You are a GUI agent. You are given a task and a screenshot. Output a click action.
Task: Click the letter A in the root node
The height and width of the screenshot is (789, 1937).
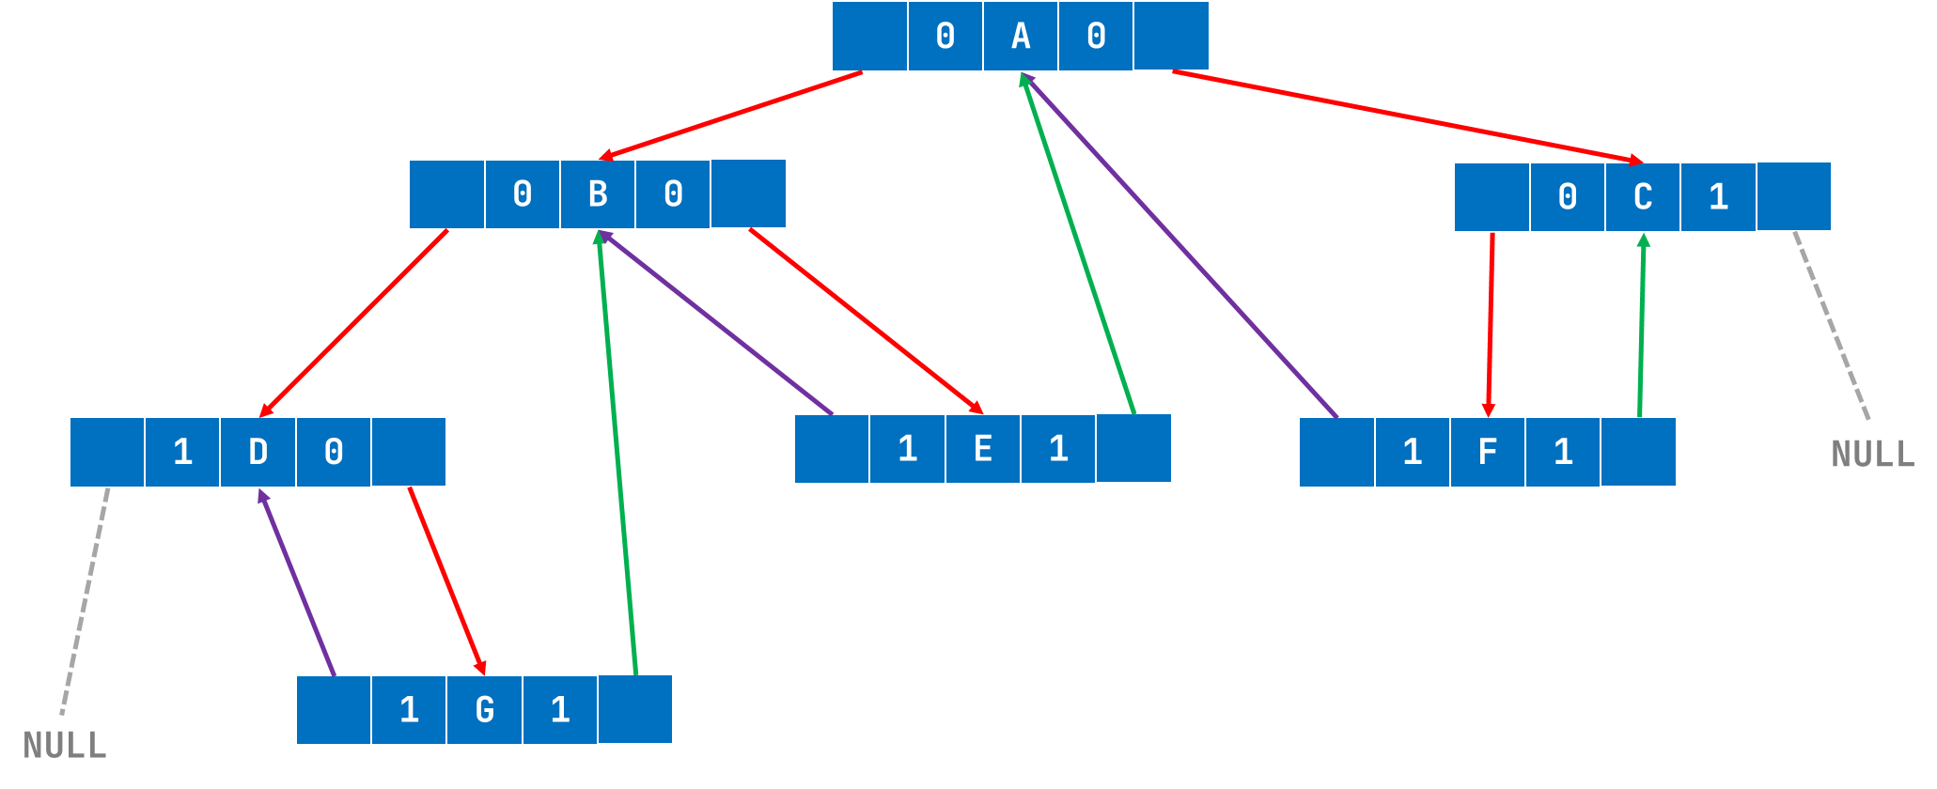1021,37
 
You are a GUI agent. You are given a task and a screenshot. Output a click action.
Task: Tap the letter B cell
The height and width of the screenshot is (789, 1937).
598,194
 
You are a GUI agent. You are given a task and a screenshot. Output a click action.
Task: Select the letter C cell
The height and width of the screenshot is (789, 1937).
1643,197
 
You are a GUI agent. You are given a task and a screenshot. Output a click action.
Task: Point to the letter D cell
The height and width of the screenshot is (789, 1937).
258,453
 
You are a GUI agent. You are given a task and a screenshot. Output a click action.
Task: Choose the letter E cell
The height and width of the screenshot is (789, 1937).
983,449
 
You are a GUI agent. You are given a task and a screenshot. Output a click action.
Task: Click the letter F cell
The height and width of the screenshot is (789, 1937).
1488,453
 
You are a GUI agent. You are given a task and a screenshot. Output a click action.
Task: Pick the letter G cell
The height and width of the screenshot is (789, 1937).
485,710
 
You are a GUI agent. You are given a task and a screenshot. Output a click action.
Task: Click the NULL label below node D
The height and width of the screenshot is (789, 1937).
65,746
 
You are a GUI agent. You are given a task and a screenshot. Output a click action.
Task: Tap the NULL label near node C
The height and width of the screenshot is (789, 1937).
1872,455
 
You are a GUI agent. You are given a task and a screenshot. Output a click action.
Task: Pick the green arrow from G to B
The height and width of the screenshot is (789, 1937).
617,451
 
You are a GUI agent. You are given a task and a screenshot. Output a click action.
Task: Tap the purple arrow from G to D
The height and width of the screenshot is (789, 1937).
296,582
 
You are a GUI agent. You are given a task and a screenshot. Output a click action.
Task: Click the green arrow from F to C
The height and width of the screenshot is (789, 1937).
1642,324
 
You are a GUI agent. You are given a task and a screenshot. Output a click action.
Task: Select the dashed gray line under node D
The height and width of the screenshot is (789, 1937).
85,601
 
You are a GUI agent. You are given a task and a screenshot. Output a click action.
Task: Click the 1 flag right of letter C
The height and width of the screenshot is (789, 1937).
1718,197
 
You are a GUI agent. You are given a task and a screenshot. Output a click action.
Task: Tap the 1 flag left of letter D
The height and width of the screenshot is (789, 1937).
182,453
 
